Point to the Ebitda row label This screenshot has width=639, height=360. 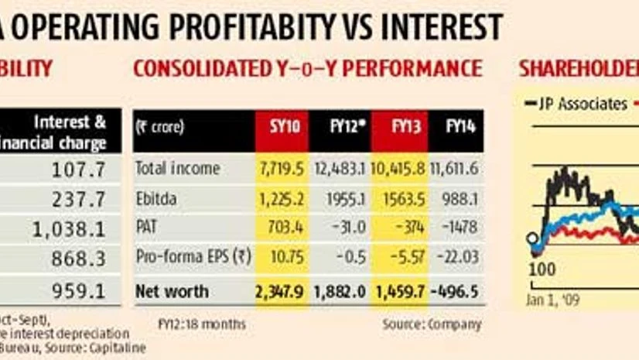(155, 198)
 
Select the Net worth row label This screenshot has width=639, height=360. (172, 291)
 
